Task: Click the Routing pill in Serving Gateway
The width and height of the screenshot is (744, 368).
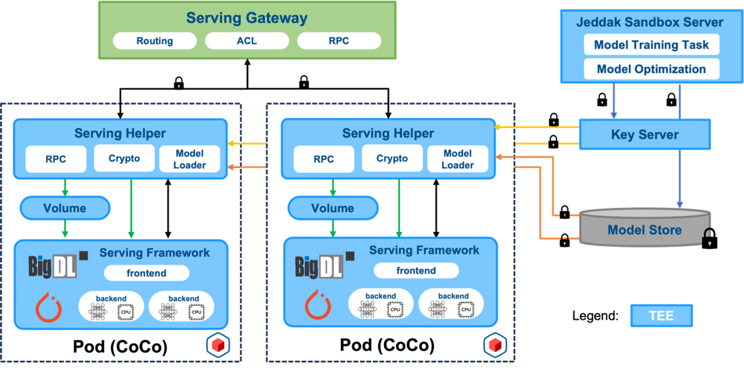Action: click(155, 41)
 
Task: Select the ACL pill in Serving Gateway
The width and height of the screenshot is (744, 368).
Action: click(247, 41)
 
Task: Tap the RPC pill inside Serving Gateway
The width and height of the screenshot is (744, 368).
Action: click(339, 41)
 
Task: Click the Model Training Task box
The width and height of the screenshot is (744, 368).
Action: click(651, 45)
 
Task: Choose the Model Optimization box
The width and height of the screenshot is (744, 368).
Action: click(651, 69)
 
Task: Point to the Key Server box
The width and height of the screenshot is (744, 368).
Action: click(645, 134)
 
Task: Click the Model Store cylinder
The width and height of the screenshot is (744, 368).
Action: click(644, 229)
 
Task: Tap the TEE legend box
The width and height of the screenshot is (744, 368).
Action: click(661, 316)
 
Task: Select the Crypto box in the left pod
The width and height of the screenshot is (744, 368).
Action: click(124, 158)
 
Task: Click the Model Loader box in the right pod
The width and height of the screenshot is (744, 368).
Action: click(458, 159)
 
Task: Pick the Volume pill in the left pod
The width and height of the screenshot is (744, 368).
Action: click(65, 208)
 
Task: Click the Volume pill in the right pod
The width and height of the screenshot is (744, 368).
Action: click(333, 208)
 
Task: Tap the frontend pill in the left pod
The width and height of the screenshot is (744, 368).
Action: click(146, 273)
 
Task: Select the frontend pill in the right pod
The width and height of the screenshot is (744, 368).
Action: click(416, 270)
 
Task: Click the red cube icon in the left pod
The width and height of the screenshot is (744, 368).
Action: click(218, 345)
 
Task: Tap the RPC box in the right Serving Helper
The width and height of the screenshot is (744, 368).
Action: click(324, 159)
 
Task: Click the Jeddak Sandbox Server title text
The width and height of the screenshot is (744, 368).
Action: click(649, 22)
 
